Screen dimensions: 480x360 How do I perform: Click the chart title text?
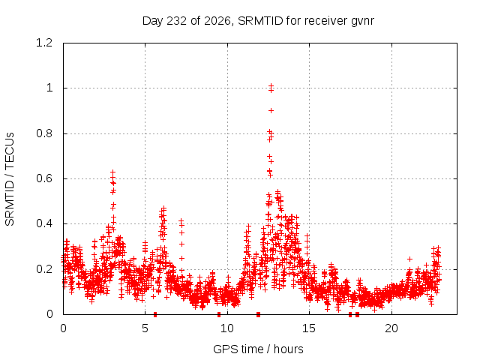[x=258, y=21]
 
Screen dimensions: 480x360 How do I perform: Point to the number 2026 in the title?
[x=217, y=21]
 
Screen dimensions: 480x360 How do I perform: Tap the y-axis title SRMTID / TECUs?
[x=10, y=179]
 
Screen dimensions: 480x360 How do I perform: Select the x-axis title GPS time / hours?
[x=258, y=349]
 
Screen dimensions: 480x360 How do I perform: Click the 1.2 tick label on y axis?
[x=44, y=43]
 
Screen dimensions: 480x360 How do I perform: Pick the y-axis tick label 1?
[x=49, y=88]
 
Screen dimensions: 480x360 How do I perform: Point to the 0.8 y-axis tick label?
[x=44, y=133]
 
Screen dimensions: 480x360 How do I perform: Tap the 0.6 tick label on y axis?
[x=44, y=178]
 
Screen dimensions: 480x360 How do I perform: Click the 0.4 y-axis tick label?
[x=44, y=223]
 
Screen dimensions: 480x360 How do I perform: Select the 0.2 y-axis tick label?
[x=44, y=269]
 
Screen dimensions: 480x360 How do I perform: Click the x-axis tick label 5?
[x=145, y=328]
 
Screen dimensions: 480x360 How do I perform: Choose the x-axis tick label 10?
[x=227, y=328]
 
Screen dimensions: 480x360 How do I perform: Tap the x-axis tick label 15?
[x=309, y=328]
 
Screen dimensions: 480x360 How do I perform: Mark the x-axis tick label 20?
[x=391, y=328]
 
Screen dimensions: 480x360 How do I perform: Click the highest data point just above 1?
[x=271, y=85]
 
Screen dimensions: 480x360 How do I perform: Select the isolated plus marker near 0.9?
[x=271, y=110]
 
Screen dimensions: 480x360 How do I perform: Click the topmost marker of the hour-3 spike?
[x=113, y=172]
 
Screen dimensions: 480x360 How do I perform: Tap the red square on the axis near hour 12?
[x=258, y=314]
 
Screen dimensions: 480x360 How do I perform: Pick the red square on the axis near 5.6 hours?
[x=155, y=314]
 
